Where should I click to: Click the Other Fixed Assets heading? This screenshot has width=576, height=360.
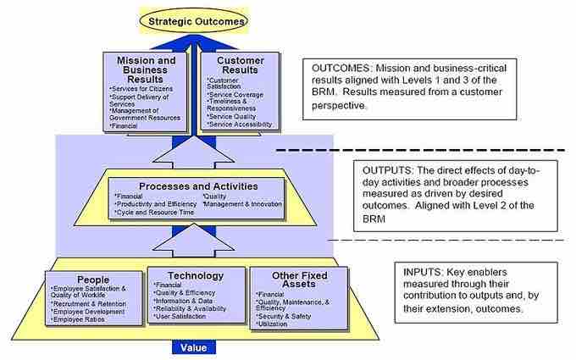click(288, 281)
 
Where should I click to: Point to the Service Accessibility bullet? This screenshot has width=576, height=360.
click(243, 125)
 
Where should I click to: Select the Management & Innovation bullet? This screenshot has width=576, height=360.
click(242, 204)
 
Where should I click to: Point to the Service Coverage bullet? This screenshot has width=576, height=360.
click(240, 94)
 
